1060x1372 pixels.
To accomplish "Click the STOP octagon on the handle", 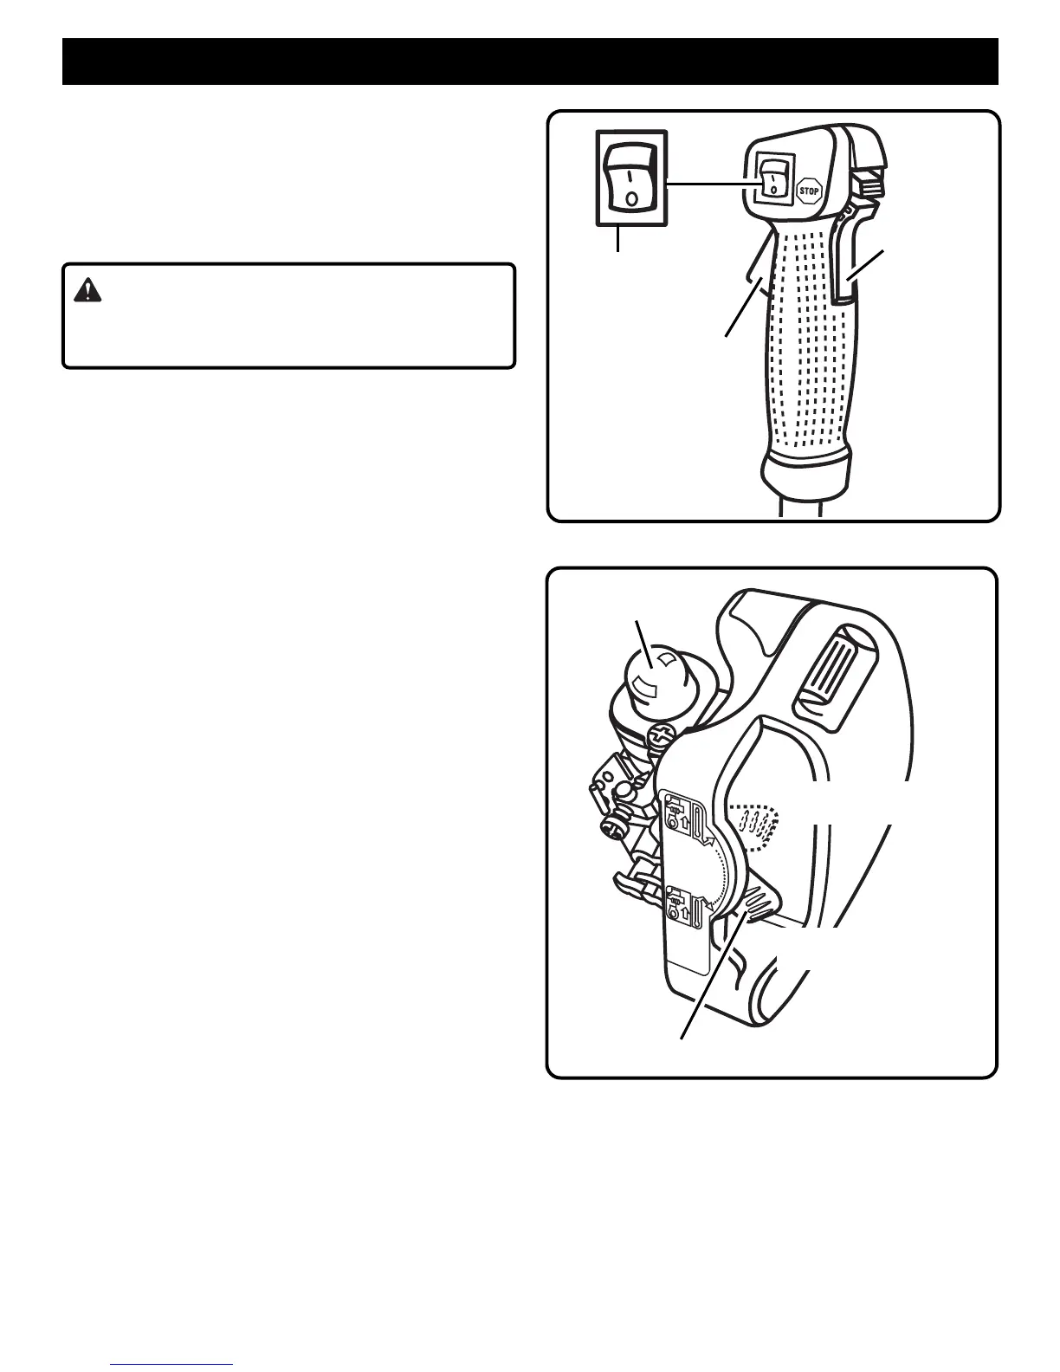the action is (808, 190).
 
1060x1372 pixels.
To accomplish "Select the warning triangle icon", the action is (87, 291).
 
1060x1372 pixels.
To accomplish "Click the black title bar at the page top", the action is (530, 61).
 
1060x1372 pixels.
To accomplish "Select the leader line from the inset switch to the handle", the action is (705, 183).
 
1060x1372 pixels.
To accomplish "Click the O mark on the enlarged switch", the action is (631, 197).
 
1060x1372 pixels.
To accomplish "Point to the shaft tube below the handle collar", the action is (800, 507).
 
